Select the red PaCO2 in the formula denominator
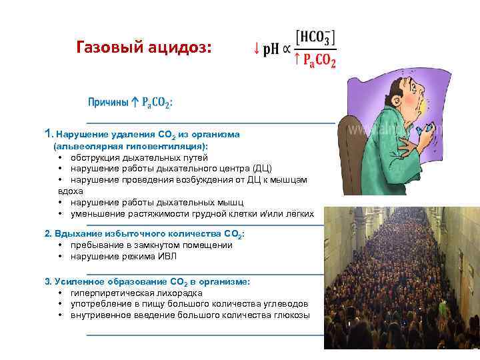pyautogui.click(x=319, y=61)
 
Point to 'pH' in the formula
pyautogui.click(x=271, y=49)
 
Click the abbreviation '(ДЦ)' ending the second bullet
pyautogui.click(x=263, y=168)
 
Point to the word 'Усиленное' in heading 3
pyautogui.click(x=77, y=281)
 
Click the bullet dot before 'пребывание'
pyautogui.click(x=61, y=245)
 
